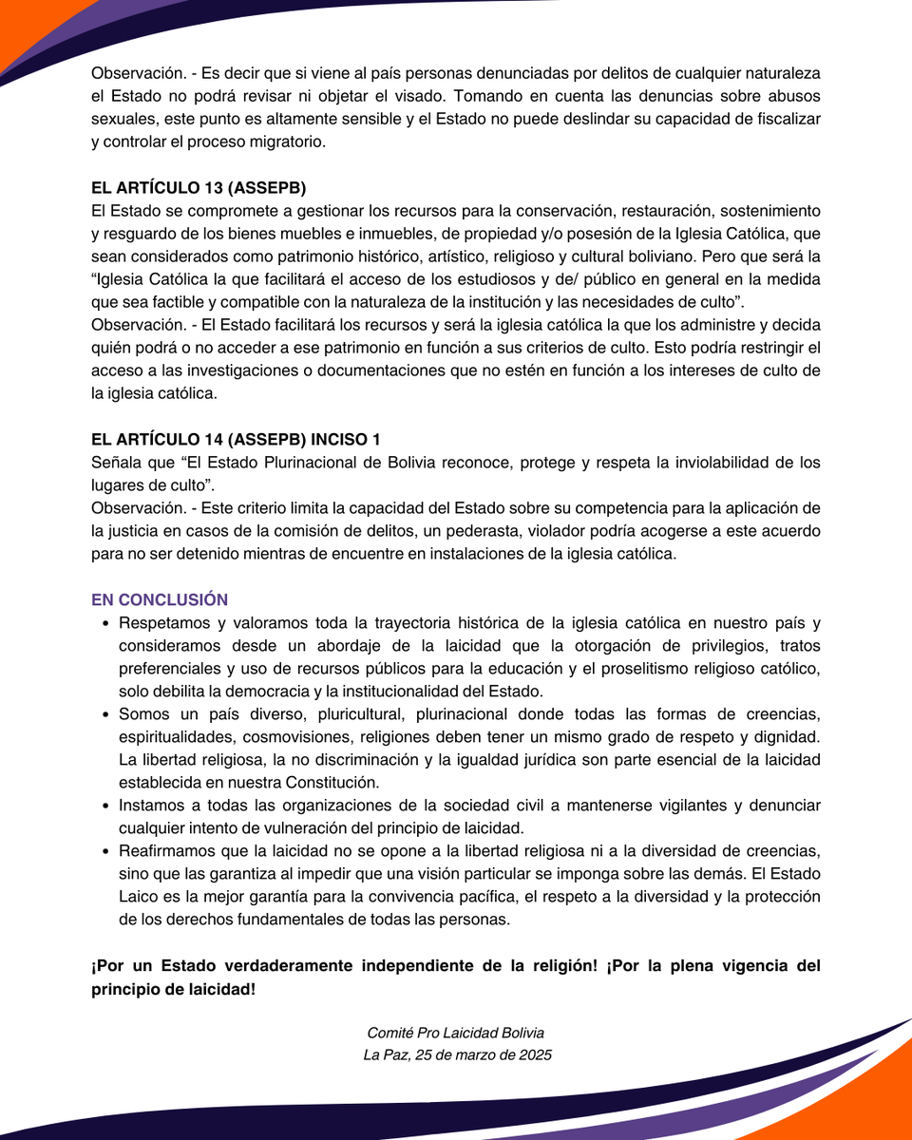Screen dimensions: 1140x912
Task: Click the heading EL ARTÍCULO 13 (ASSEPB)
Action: pyautogui.click(x=199, y=186)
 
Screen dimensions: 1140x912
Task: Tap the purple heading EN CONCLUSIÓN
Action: pyautogui.click(x=160, y=599)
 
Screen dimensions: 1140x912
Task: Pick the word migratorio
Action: pyautogui.click(x=290, y=142)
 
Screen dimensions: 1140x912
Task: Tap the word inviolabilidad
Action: pyautogui.click(x=698, y=463)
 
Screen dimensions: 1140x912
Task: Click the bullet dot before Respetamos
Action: pyautogui.click(x=104, y=623)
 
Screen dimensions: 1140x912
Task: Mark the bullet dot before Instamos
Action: pyautogui.click(x=104, y=806)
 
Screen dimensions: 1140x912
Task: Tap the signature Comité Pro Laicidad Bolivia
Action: pyautogui.click(x=456, y=1033)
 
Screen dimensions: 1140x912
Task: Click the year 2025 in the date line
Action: pyautogui.click(x=533, y=1054)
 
